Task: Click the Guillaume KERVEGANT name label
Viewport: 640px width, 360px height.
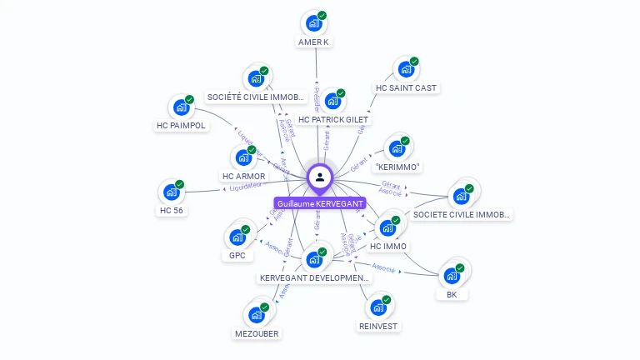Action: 320,203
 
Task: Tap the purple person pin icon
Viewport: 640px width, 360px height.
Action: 320,177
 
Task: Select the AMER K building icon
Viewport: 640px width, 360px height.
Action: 314,23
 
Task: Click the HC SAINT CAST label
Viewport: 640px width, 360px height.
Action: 406,87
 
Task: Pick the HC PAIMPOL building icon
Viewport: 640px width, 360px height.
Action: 180,107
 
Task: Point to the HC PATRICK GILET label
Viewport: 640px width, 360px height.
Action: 333,120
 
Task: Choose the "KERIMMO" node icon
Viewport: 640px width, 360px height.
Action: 397,148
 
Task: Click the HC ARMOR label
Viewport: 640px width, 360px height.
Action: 243,176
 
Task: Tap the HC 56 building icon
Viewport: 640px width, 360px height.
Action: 171,192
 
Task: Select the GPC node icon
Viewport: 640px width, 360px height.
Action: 237,237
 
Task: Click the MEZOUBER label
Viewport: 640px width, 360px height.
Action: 257,333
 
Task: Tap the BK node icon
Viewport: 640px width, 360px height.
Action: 452,275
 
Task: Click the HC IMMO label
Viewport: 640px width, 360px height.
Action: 388,246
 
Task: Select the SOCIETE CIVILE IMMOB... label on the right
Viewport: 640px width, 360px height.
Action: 462,214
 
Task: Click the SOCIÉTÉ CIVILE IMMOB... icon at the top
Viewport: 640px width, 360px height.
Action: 256,79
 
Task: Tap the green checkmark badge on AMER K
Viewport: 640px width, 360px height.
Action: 322,15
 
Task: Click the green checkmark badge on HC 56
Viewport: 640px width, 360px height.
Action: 179,184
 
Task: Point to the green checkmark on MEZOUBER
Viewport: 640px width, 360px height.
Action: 265,307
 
